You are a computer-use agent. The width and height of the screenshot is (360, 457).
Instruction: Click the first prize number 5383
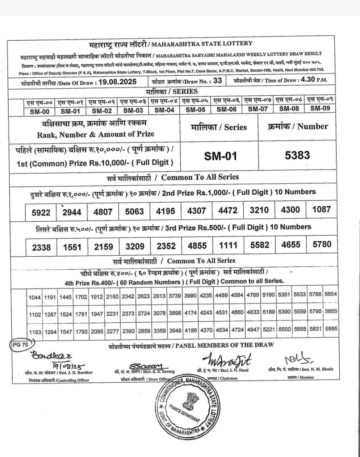point(297,155)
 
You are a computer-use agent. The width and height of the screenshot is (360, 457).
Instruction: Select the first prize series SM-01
point(221,156)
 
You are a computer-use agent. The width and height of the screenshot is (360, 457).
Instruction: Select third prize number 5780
point(321,244)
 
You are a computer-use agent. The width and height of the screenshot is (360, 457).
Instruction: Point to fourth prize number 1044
point(35,297)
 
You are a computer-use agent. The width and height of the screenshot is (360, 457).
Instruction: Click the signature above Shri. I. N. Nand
point(226,359)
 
